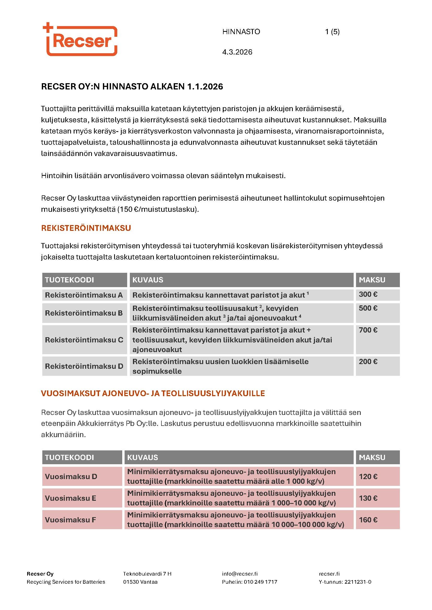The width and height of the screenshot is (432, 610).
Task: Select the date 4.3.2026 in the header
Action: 237,52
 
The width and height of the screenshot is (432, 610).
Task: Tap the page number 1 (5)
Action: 332,32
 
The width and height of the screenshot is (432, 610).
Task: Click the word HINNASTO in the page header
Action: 241,32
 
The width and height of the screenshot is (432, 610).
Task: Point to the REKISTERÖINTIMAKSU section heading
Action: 86,228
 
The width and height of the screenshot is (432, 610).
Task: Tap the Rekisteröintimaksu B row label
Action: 84,313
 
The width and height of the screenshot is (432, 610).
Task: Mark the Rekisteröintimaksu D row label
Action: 84,366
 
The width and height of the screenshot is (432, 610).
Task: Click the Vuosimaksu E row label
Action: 71,498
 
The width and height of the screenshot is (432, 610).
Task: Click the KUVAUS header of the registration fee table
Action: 148,280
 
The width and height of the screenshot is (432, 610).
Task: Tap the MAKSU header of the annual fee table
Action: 372,457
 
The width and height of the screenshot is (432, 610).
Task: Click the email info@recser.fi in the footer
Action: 240,573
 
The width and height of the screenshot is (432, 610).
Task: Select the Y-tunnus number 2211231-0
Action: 358,582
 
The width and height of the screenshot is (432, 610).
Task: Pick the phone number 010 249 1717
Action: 260,582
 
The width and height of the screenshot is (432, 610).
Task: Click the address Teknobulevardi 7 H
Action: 147,573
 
